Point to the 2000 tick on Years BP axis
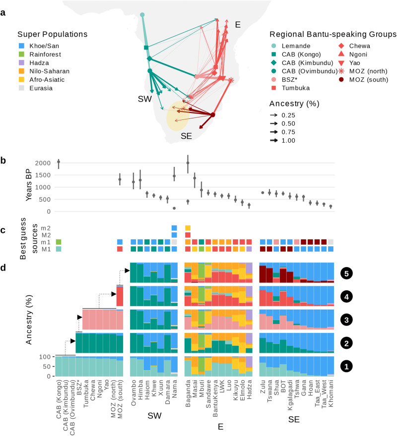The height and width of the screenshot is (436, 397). tap(45, 163)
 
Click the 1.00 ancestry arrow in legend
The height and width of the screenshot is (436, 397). tap(278, 140)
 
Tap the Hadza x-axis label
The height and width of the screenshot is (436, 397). tap(249, 389)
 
